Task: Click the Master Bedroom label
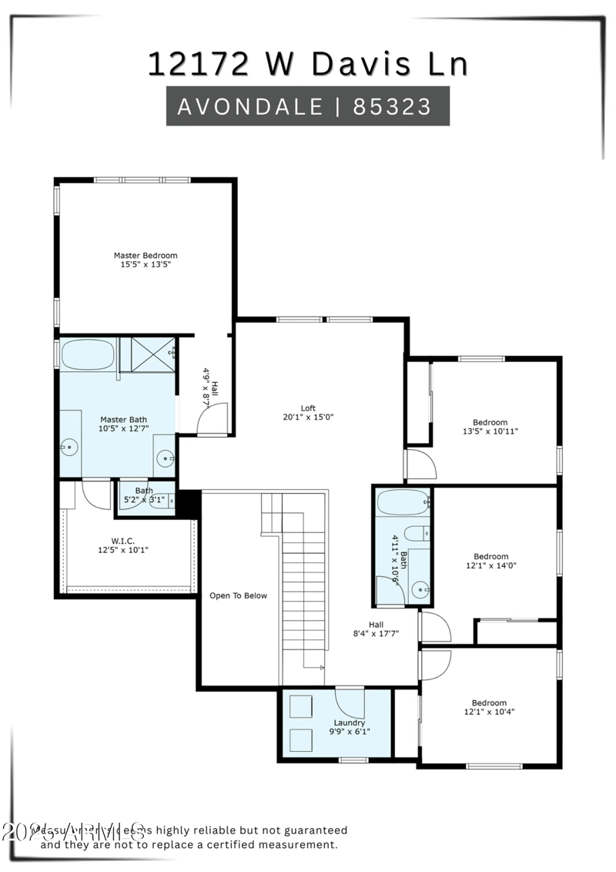(146, 256)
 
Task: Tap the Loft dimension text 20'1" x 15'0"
(308, 418)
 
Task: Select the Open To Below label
(239, 595)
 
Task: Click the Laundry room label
(349, 723)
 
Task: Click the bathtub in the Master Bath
(87, 355)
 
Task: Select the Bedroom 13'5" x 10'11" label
(490, 422)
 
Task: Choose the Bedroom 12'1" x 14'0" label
(490, 556)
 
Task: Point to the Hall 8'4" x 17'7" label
(376, 625)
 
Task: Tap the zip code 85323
(392, 106)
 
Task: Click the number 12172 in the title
(198, 64)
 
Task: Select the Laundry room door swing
(350, 703)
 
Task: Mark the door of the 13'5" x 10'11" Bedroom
(420, 465)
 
